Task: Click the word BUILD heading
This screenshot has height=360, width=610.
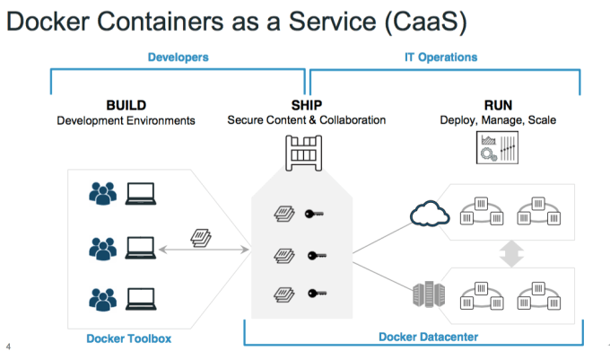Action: point(126,105)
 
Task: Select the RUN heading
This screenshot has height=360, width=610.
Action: point(498,105)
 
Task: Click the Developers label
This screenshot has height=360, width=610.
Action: point(178,57)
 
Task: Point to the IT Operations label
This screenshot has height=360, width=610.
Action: point(441,57)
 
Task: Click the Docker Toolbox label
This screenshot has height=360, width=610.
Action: point(128,338)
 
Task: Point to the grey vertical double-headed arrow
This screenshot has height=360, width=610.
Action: point(510,252)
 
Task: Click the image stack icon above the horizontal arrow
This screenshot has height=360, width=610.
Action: point(200,239)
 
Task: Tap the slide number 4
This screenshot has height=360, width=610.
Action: point(8,347)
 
